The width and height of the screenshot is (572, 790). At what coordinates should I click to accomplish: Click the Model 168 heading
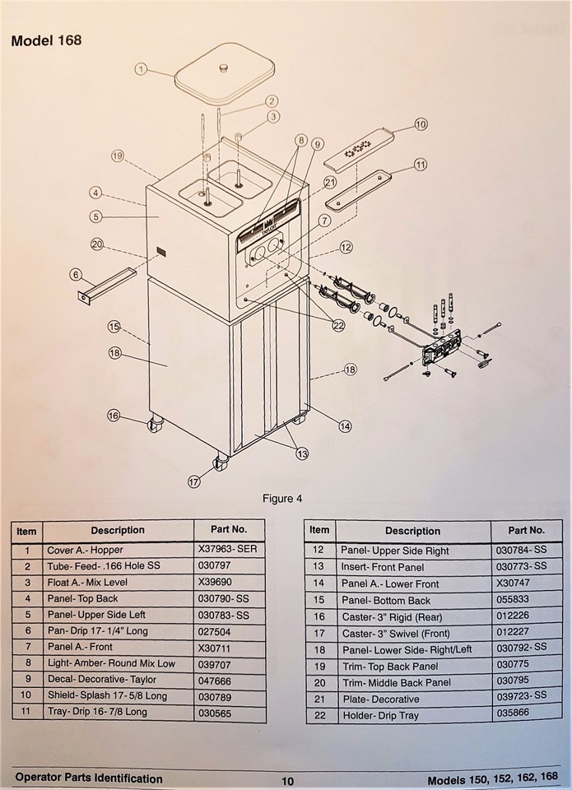[x=46, y=40]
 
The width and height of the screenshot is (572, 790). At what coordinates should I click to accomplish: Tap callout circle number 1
[x=141, y=70]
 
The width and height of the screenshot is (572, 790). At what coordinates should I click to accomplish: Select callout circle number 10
[x=421, y=124]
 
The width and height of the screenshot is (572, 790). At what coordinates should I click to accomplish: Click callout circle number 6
[x=76, y=274]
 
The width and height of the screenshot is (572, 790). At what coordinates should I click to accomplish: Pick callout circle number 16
[x=113, y=415]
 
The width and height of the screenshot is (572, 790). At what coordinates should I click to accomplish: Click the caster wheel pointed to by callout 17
[x=221, y=463]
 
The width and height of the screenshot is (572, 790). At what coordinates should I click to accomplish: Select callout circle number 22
[x=337, y=325]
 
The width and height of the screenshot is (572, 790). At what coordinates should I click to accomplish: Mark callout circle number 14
[x=345, y=425]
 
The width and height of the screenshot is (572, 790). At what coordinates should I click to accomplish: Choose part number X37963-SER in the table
[x=228, y=551]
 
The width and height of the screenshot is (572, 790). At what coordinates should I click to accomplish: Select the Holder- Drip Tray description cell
[x=379, y=715]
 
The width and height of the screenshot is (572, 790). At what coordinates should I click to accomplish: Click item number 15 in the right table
[x=319, y=600]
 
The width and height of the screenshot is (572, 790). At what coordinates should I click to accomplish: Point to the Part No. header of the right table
[x=526, y=530]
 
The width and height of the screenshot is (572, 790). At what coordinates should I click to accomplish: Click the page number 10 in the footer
[x=286, y=781]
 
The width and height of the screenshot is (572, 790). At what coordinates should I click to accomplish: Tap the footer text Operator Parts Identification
[x=89, y=778]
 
